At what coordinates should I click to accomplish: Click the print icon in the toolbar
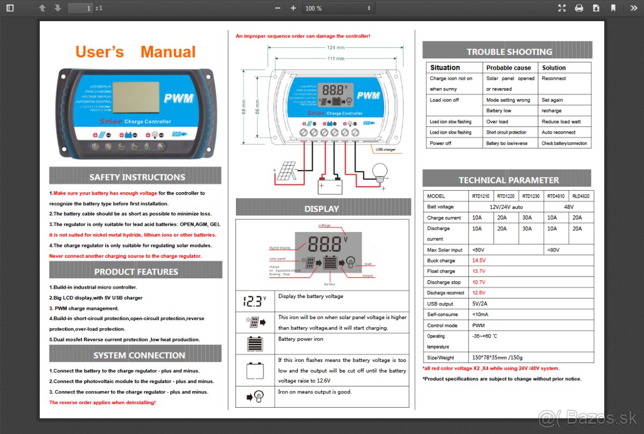(579, 8)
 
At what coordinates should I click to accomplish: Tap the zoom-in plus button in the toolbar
(293, 8)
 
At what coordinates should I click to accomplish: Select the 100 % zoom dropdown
(337, 8)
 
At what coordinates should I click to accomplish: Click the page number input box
(80, 8)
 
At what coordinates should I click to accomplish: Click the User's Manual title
(135, 52)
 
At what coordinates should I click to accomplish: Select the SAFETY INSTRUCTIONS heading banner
(136, 176)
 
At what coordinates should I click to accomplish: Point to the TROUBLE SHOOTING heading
(508, 52)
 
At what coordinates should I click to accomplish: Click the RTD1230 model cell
(530, 196)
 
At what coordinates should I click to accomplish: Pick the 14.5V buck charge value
(479, 261)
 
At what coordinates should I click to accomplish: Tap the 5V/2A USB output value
(480, 303)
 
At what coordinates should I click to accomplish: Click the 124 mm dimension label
(336, 48)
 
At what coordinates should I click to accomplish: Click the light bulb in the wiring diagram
(380, 172)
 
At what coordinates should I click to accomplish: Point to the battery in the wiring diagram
(330, 184)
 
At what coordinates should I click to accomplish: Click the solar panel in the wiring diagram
(286, 171)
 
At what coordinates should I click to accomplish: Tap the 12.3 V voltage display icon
(254, 301)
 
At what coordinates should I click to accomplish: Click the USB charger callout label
(386, 149)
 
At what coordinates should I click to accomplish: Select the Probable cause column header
(508, 68)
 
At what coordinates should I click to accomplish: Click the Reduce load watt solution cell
(561, 121)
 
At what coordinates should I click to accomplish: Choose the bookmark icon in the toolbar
(613, 8)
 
